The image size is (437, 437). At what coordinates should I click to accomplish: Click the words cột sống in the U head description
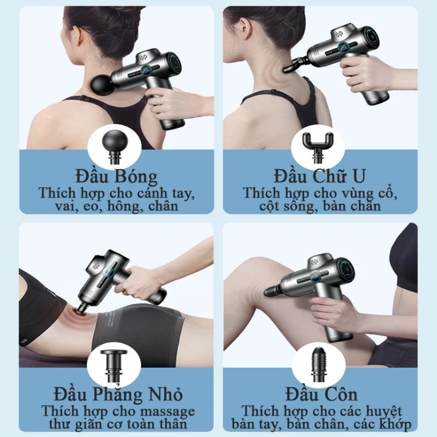pos(283,207)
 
